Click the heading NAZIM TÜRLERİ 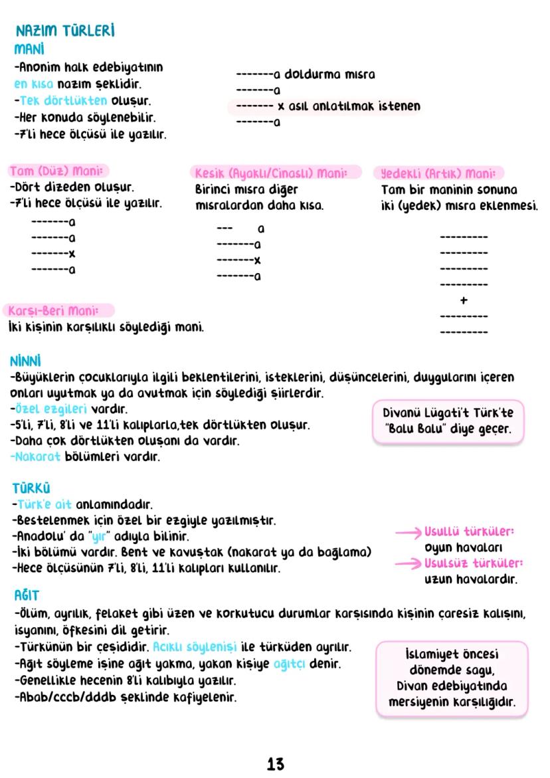[x=65, y=31]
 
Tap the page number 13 [x=275, y=764]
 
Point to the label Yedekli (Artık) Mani [x=437, y=173]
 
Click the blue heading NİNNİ [x=26, y=361]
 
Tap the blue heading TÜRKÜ [x=31, y=488]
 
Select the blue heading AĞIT [x=27, y=595]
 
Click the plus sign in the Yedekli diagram [x=464, y=300]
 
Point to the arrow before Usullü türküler [x=408, y=532]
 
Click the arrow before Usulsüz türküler [x=408, y=563]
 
